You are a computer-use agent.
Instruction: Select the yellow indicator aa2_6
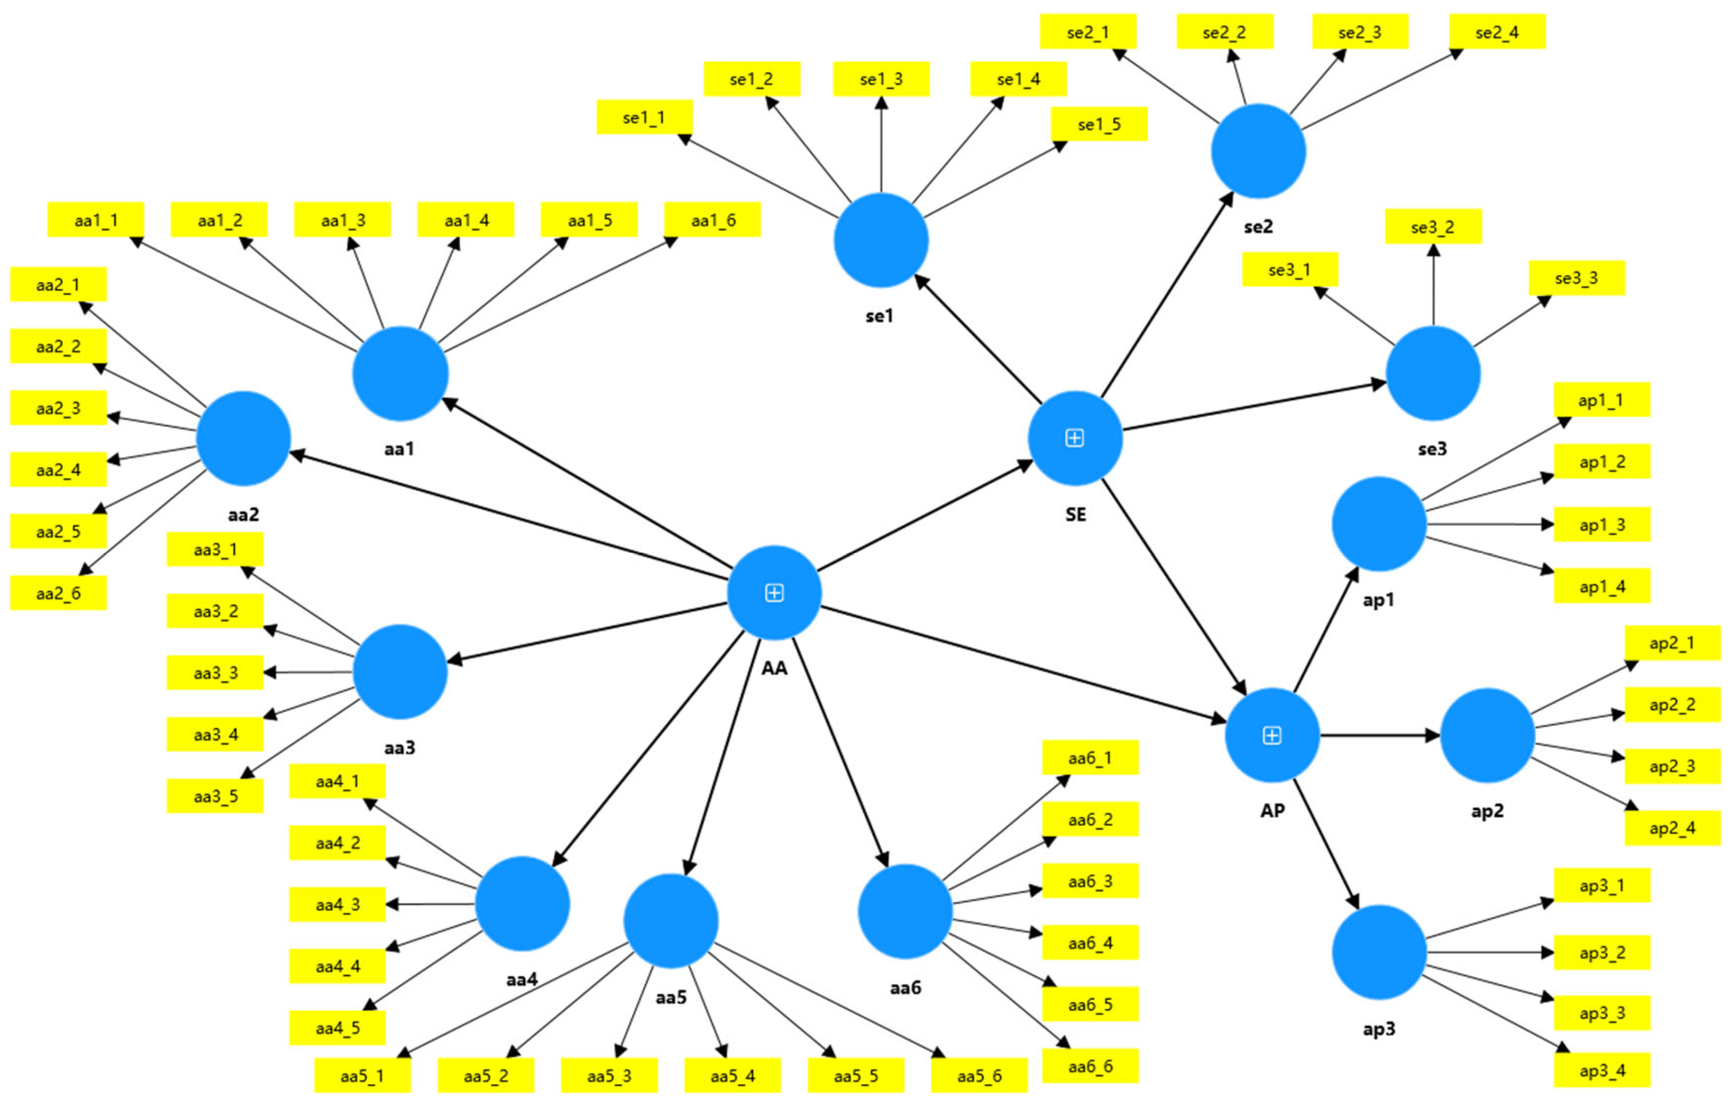pyautogui.click(x=58, y=593)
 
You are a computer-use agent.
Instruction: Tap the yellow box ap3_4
pyautogui.click(x=1602, y=1071)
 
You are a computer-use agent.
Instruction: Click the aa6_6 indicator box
pyautogui.click(x=1090, y=1066)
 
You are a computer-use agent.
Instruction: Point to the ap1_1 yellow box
pyautogui.click(x=1601, y=400)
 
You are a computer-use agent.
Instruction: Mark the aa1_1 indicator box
pyautogui.click(x=96, y=220)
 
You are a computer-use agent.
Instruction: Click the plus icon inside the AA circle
pyautogui.click(x=774, y=593)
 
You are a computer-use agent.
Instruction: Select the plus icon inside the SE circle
pyautogui.click(x=1074, y=437)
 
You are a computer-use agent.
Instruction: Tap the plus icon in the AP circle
pyautogui.click(x=1272, y=735)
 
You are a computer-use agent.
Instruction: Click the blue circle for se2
pyautogui.click(x=1258, y=152)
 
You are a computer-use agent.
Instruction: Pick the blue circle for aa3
pyautogui.click(x=400, y=672)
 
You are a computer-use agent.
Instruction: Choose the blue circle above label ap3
pyautogui.click(x=1378, y=952)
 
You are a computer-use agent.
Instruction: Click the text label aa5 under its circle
pyautogui.click(x=671, y=997)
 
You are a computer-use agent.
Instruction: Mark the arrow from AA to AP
pyautogui.click(x=1023, y=663)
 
